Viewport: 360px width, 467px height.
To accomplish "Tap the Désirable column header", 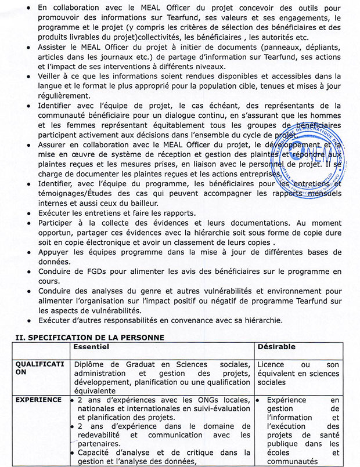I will pos(276,346).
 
